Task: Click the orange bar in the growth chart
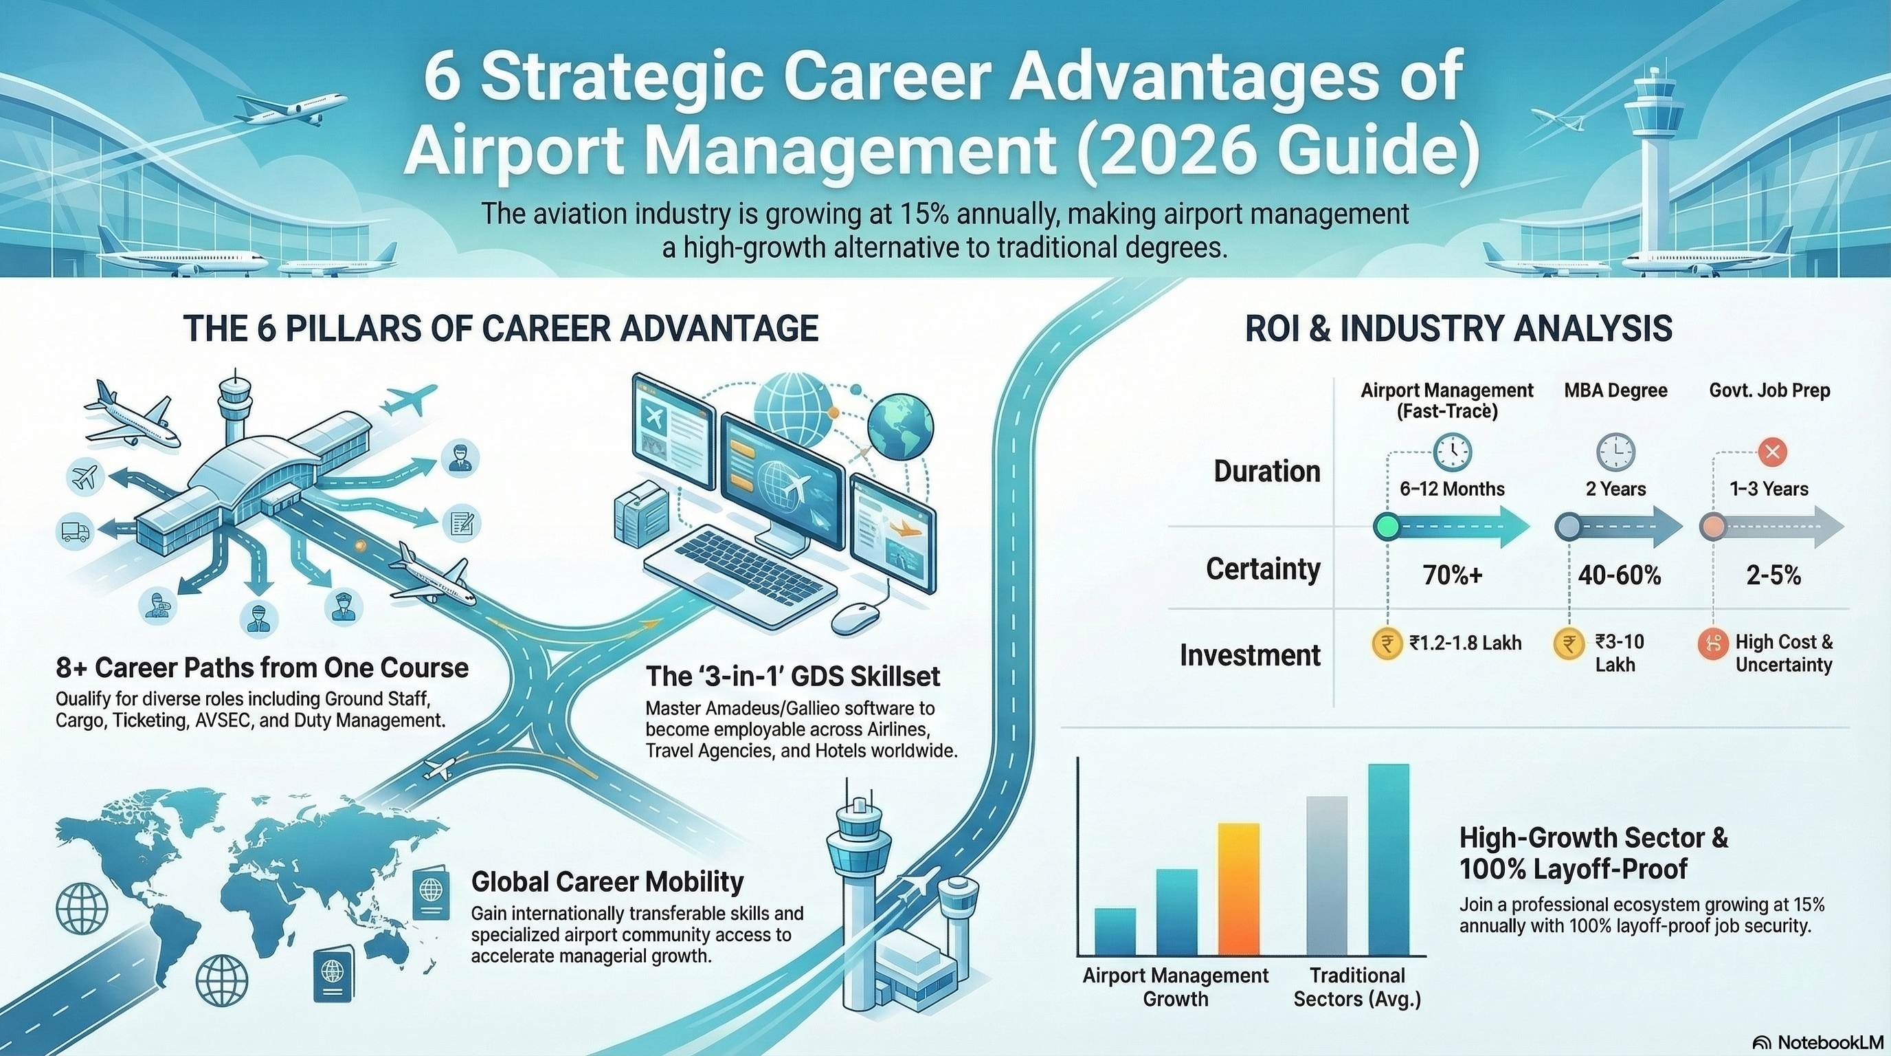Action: click(x=1238, y=888)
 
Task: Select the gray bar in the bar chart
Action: click(x=1328, y=875)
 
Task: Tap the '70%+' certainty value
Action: click(x=1452, y=575)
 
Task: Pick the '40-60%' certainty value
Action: click(x=1620, y=575)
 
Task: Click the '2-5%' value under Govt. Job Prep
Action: click(x=1773, y=575)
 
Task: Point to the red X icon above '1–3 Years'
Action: click(x=1773, y=451)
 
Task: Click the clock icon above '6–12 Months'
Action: click(x=1452, y=451)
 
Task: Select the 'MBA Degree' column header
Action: click(x=1615, y=390)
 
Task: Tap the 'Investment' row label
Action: click(x=1249, y=654)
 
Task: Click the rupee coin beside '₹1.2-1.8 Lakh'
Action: click(x=1387, y=644)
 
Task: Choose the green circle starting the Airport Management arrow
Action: click(x=1387, y=527)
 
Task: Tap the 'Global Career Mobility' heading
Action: click(x=607, y=881)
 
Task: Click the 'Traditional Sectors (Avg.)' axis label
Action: click(x=1357, y=987)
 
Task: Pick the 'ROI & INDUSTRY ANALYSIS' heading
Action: click(x=1459, y=328)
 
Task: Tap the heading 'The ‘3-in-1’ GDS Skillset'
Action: click(x=793, y=676)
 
